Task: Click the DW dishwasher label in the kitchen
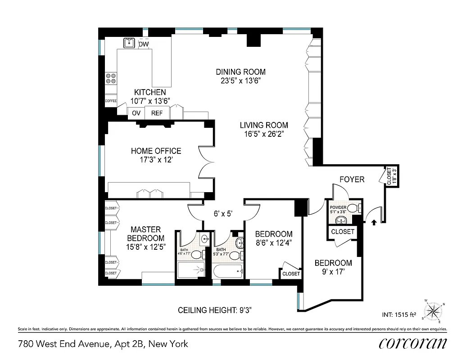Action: click(144, 44)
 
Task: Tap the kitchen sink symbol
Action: click(130, 43)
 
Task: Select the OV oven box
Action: click(136, 113)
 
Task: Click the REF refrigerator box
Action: click(157, 113)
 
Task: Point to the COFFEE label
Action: click(111, 101)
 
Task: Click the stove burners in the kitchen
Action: click(111, 79)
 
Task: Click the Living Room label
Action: click(264, 125)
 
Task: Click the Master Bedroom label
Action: click(145, 234)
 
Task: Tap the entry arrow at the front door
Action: click(373, 221)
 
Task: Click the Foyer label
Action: click(352, 180)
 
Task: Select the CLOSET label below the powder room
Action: click(343, 232)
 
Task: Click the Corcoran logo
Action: click(413, 344)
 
